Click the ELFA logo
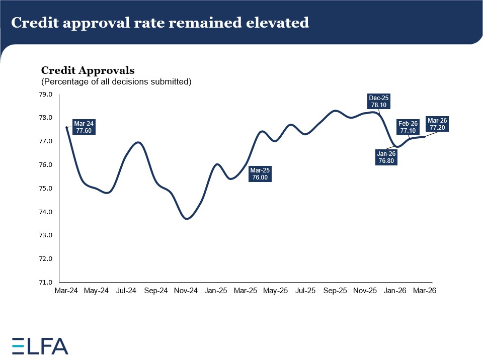(40, 345)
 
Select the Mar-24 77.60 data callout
(84, 126)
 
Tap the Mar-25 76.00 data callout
(260, 174)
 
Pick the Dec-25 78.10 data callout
(379, 102)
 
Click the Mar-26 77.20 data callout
(437, 124)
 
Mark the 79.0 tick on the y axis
(47, 95)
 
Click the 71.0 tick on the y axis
(47, 283)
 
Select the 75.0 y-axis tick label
(47, 189)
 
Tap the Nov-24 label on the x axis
(186, 291)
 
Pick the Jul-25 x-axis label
(305, 291)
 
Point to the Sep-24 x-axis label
(156, 291)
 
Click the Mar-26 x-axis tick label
(425, 291)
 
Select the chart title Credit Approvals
(88, 70)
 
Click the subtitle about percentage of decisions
(116, 81)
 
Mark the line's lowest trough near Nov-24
(187, 219)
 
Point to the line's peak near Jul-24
(139, 143)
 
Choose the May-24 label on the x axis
(96, 291)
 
